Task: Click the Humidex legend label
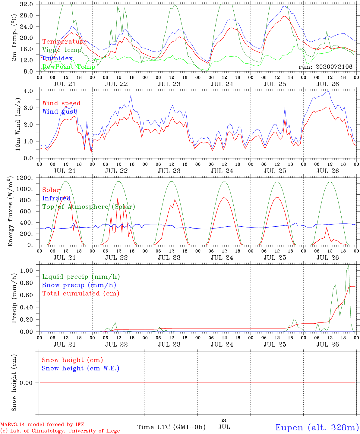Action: click(57, 58)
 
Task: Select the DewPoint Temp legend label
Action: click(69, 67)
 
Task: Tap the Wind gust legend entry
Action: click(59, 112)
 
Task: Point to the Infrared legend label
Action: click(56, 198)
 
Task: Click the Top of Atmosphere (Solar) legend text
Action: click(89, 207)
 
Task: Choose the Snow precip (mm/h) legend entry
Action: click(79, 285)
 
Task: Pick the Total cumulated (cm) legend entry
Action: click(81, 294)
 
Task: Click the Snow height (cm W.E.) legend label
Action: click(81, 368)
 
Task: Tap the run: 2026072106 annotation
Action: click(325, 67)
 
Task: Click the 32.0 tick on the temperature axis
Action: click(26, 4)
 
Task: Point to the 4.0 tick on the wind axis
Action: click(28, 91)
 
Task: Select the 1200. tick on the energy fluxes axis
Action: click(24, 178)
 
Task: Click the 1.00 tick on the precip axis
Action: click(27, 271)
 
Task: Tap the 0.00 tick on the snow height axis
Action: click(26, 383)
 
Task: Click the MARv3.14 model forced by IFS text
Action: click(42, 424)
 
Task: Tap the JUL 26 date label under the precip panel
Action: click(327, 344)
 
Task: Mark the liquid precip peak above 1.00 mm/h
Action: click(349, 266)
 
